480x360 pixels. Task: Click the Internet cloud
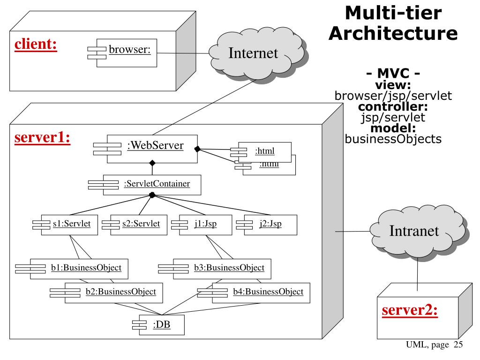pyautogui.click(x=253, y=52)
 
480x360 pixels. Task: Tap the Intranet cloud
pyautogui.click(x=414, y=230)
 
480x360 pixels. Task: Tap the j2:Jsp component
pyautogui.click(x=270, y=224)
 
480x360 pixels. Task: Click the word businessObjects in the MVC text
pyautogui.click(x=393, y=139)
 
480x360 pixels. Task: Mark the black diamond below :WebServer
pyautogui.click(x=152, y=163)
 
